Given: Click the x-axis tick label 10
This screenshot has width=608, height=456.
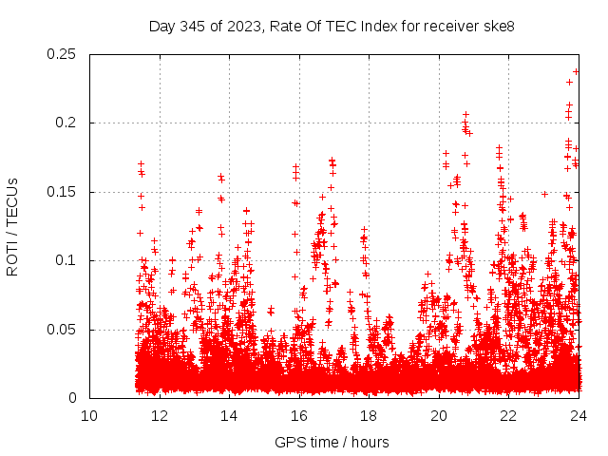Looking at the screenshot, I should click(x=89, y=415).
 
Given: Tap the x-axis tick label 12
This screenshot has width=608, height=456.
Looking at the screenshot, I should click(x=159, y=415).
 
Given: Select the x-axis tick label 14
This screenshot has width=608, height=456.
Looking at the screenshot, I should click(x=229, y=415).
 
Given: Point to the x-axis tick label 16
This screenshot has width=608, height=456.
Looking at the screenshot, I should click(x=298, y=415).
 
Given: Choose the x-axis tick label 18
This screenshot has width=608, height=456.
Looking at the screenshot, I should click(x=369, y=415).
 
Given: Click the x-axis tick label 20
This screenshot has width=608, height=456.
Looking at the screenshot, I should click(x=438, y=415).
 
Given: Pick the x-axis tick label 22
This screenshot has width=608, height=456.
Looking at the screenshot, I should click(x=508, y=415).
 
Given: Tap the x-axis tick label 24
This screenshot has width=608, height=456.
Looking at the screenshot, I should click(x=578, y=415).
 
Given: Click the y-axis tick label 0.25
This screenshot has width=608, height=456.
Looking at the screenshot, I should click(x=63, y=54).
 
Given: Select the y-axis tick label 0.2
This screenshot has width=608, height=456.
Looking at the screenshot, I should click(x=66, y=123).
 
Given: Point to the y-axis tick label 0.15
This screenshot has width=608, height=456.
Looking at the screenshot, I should click(x=63, y=192).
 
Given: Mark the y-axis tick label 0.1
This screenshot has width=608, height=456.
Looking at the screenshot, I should click(x=66, y=260).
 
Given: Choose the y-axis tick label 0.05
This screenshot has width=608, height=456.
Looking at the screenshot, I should click(x=63, y=330).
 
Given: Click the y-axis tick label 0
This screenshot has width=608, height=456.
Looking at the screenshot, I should click(x=74, y=398).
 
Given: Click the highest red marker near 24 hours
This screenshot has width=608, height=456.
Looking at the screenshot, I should click(x=576, y=71).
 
